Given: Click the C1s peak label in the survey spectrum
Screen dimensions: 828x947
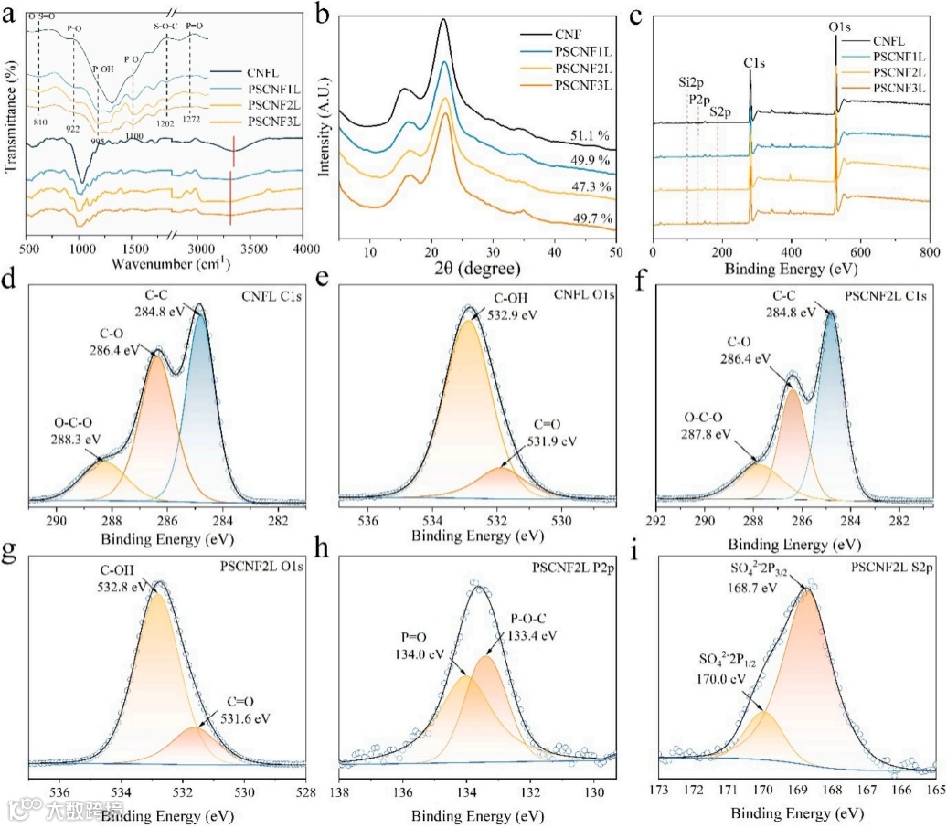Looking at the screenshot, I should click(x=753, y=63).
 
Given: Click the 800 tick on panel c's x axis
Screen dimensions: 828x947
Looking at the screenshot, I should click(x=929, y=249).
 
